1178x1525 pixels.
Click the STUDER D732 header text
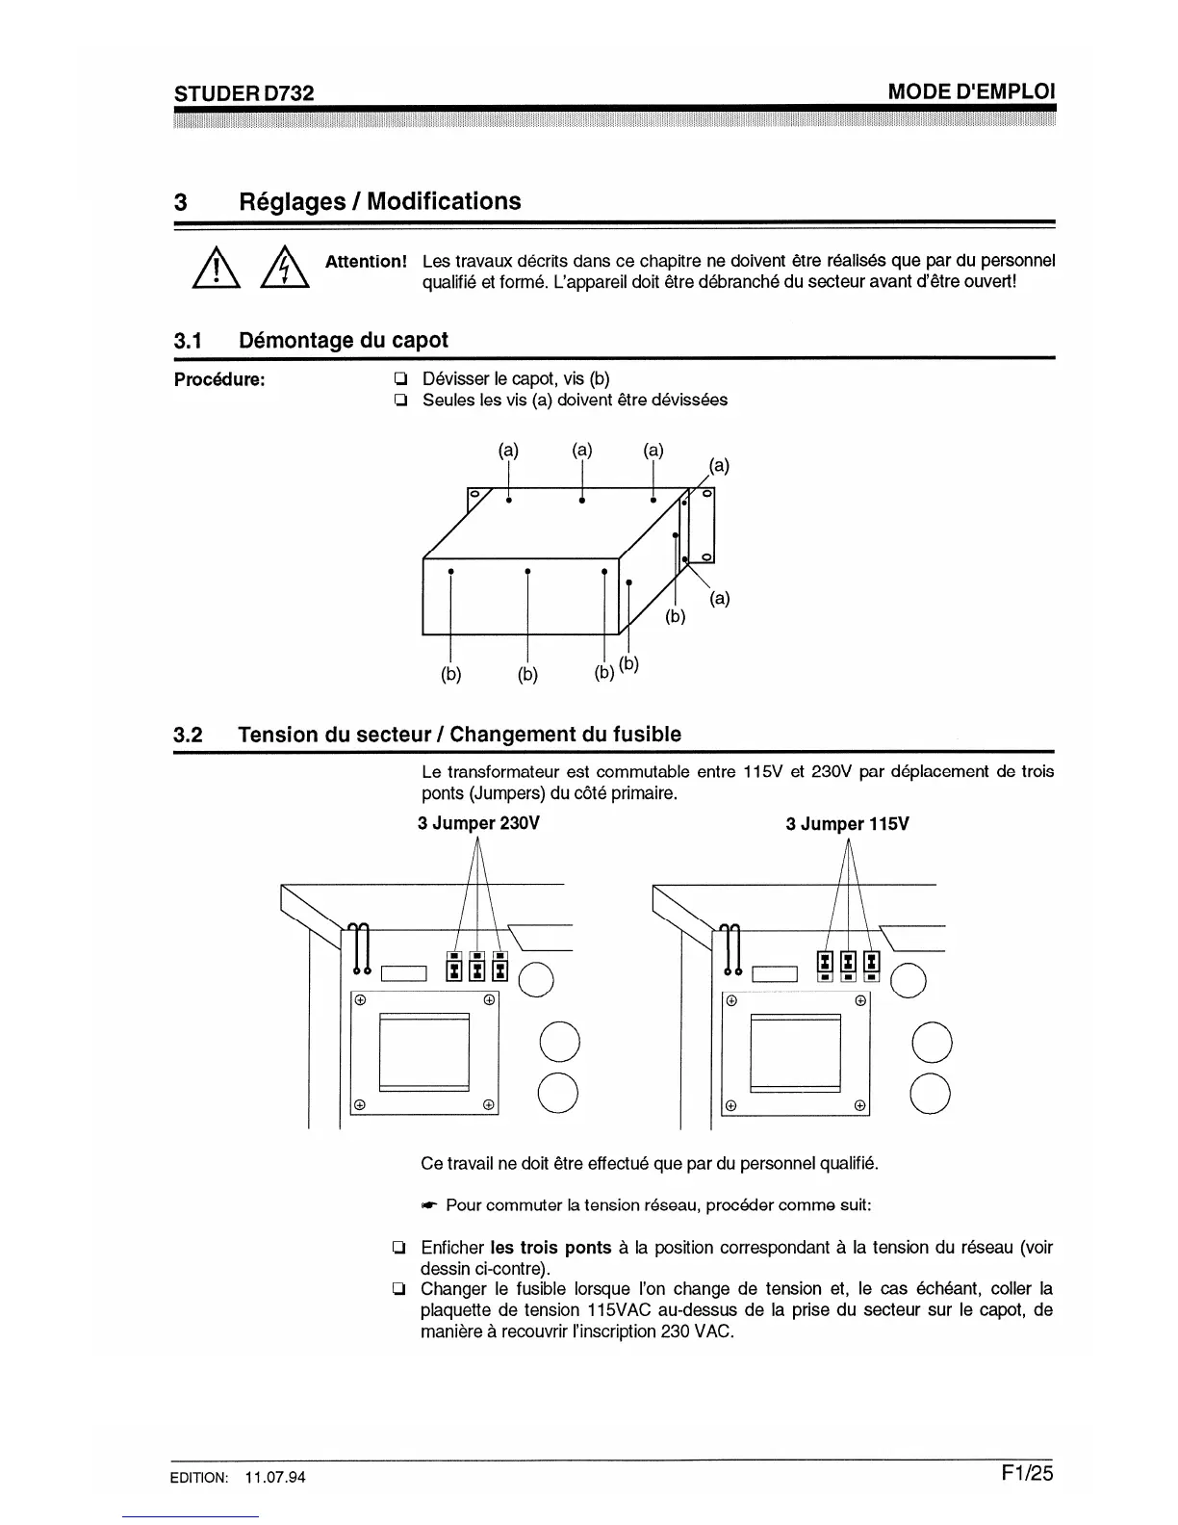[x=243, y=92]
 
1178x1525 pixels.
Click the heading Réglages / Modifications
[x=379, y=201]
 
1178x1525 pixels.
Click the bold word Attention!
[x=366, y=262]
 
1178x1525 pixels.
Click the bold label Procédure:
[x=219, y=379]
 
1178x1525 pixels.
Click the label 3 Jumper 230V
[x=478, y=824]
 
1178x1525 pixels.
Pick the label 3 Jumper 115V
[x=847, y=824]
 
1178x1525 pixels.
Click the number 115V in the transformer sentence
[x=762, y=772]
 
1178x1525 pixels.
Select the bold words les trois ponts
[x=551, y=1248]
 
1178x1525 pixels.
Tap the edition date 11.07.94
[x=275, y=1478]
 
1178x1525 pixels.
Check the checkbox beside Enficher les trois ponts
[x=397, y=1249]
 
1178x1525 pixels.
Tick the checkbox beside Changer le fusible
[x=397, y=1289]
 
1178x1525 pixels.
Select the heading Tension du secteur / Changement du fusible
[x=459, y=735]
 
